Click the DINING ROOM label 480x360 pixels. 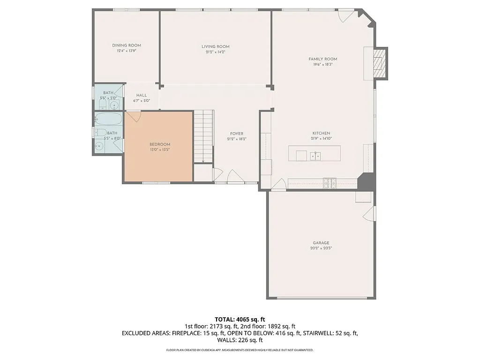[x=127, y=45]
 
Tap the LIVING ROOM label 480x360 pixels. [x=216, y=46]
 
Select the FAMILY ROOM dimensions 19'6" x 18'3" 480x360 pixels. [x=323, y=65]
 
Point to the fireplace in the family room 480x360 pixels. [x=379, y=63]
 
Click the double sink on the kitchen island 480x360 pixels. [x=315, y=155]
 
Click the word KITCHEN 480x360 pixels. [x=321, y=133]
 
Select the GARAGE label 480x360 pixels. [x=321, y=243]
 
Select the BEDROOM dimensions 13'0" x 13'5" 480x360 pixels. [x=160, y=150]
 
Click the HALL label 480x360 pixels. [x=141, y=95]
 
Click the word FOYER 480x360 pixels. [x=237, y=134]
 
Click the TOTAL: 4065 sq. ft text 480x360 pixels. [x=240, y=320]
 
